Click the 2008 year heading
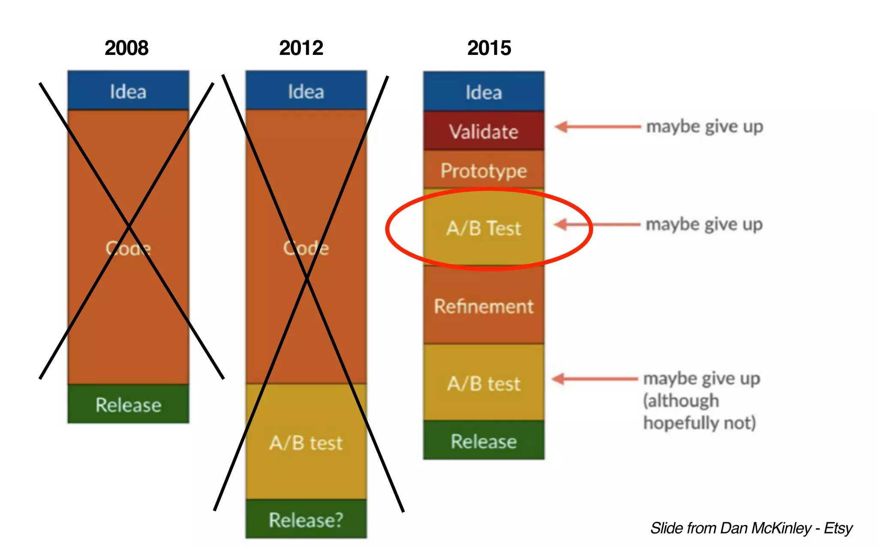pyautogui.click(x=126, y=48)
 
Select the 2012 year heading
pyautogui.click(x=301, y=48)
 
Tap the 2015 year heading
pyautogui.click(x=489, y=48)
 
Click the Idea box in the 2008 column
pyautogui.click(x=128, y=91)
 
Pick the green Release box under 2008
pyautogui.click(x=128, y=404)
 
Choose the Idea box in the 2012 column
pyautogui.click(x=306, y=91)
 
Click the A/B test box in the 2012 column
pyautogui.click(x=306, y=442)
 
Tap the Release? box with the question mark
pyautogui.click(x=306, y=519)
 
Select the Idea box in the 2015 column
pyautogui.click(x=484, y=92)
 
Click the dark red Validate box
pyautogui.click(x=484, y=131)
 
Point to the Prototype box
pyautogui.click(x=484, y=170)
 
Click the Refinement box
pyautogui.click(x=484, y=306)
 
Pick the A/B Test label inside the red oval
pyautogui.click(x=484, y=228)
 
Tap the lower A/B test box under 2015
pyautogui.click(x=484, y=383)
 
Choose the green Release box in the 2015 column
pyautogui.click(x=484, y=440)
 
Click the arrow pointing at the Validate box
pyautogui.click(x=597, y=127)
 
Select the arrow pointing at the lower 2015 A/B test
pyautogui.click(x=595, y=379)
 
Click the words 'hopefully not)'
pyautogui.click(x=699, y=423)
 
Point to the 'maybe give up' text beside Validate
pyautogui.click(x=704, y=127)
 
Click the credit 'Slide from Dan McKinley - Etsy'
pyautogui.click(x=751, y=528)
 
